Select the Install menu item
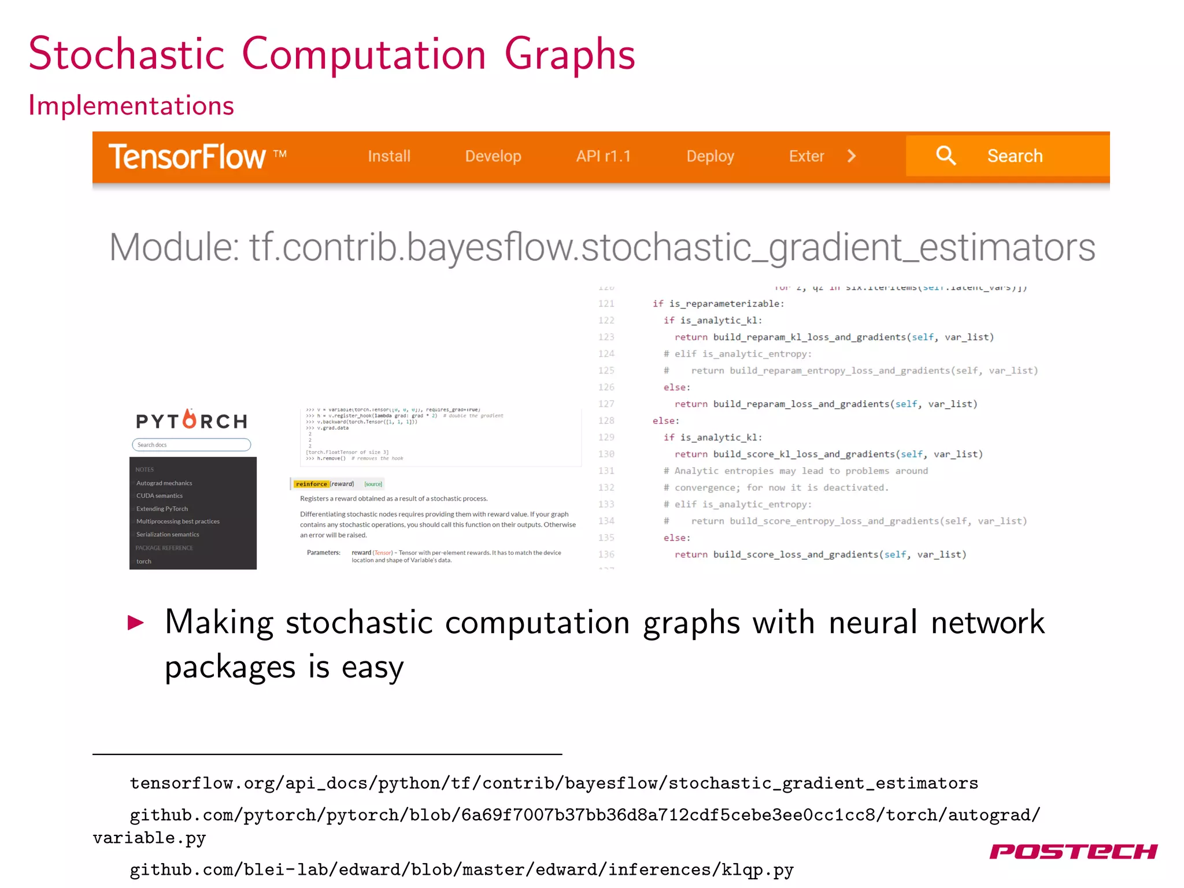[x=389, y=156]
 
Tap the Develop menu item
[x=493, y=156]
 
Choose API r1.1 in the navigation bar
[x=603, y=156]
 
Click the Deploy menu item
[x=710, y=156]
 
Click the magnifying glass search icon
[x=946, y=156]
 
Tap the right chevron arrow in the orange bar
[x=852, y=156]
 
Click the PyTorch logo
[x=191, y=420]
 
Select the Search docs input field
[x=191, y=445]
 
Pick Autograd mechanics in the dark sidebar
[x=164, y=483]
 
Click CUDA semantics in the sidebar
[x=160, y=496]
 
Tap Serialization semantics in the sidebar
[x=168, y=535]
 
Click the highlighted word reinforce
[x=312, y=484]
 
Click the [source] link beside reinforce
[x=373, y=484]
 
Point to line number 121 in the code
[x=606, y=304]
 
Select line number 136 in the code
[x=606, y=554]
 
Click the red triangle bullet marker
[x=136, y=623]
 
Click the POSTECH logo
[x=1073, y=852]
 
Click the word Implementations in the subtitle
[x=131, y=106]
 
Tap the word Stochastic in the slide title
[x=127, y=54]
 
